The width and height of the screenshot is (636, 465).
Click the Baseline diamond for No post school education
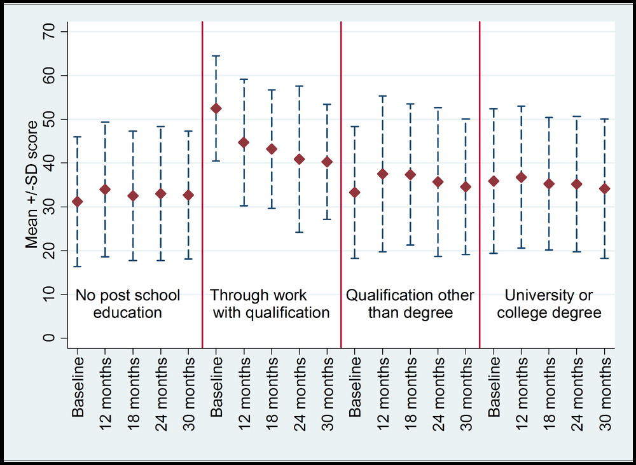78,202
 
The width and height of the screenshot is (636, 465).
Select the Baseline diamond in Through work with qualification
216,108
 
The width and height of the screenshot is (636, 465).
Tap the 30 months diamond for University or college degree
604,188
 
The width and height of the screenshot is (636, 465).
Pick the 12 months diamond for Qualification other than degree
382,174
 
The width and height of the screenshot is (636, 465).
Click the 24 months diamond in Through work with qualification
300,159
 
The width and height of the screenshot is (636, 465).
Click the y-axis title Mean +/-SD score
31,184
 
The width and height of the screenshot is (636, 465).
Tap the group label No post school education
127,304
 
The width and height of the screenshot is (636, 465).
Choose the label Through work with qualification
270,304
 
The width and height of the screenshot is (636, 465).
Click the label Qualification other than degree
410,304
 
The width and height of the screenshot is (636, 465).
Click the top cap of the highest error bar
216,56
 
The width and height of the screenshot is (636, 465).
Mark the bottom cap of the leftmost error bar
78,267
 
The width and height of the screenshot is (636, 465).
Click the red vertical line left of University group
479,184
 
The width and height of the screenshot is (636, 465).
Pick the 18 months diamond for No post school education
133,196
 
